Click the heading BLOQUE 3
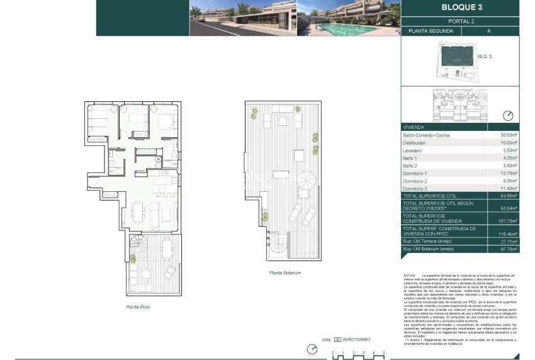point(461,8)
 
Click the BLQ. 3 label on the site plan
point(484,57)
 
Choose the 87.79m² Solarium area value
point(509,249)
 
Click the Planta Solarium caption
point(285,273)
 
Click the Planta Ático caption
point(137,307)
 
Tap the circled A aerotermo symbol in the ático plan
point(159,159)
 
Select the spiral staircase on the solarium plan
point(279,245)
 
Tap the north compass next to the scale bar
point(311,349)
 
